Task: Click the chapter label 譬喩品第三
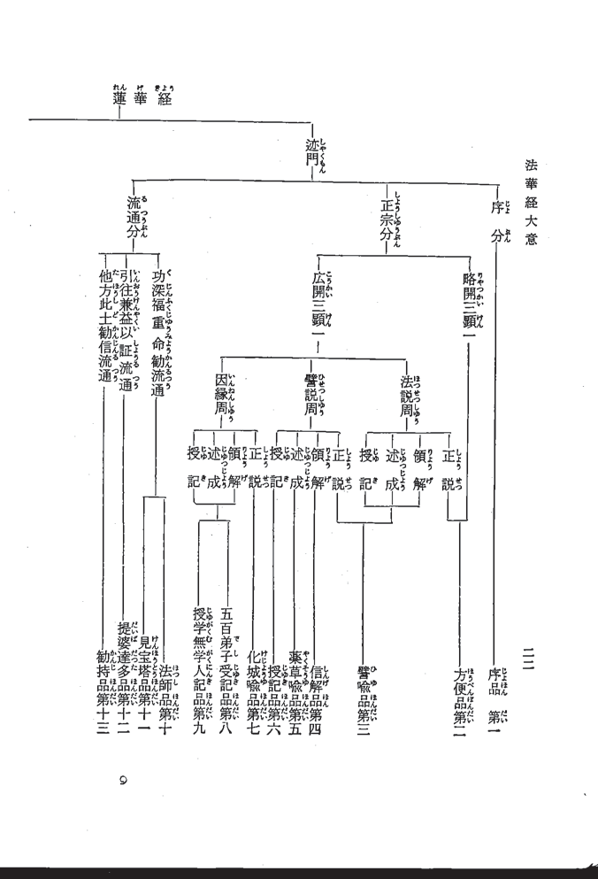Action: click(364, 700)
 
